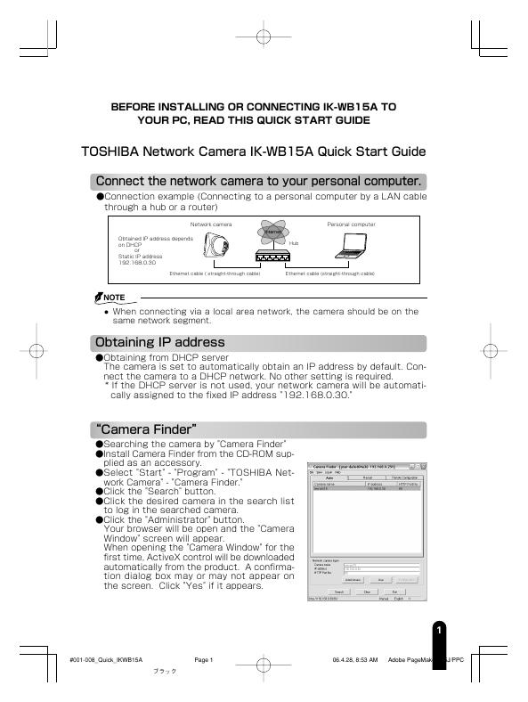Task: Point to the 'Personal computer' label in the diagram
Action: point(351,224)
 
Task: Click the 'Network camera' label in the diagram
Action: point(210,224)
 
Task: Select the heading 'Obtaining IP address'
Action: point(160,343)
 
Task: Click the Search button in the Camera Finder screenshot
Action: point(339,591)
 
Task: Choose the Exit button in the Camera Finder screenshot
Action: point(394,591)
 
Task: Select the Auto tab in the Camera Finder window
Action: point(330,478)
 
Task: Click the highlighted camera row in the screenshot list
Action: point(365,489)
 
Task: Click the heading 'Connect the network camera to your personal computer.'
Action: point(258,182)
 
